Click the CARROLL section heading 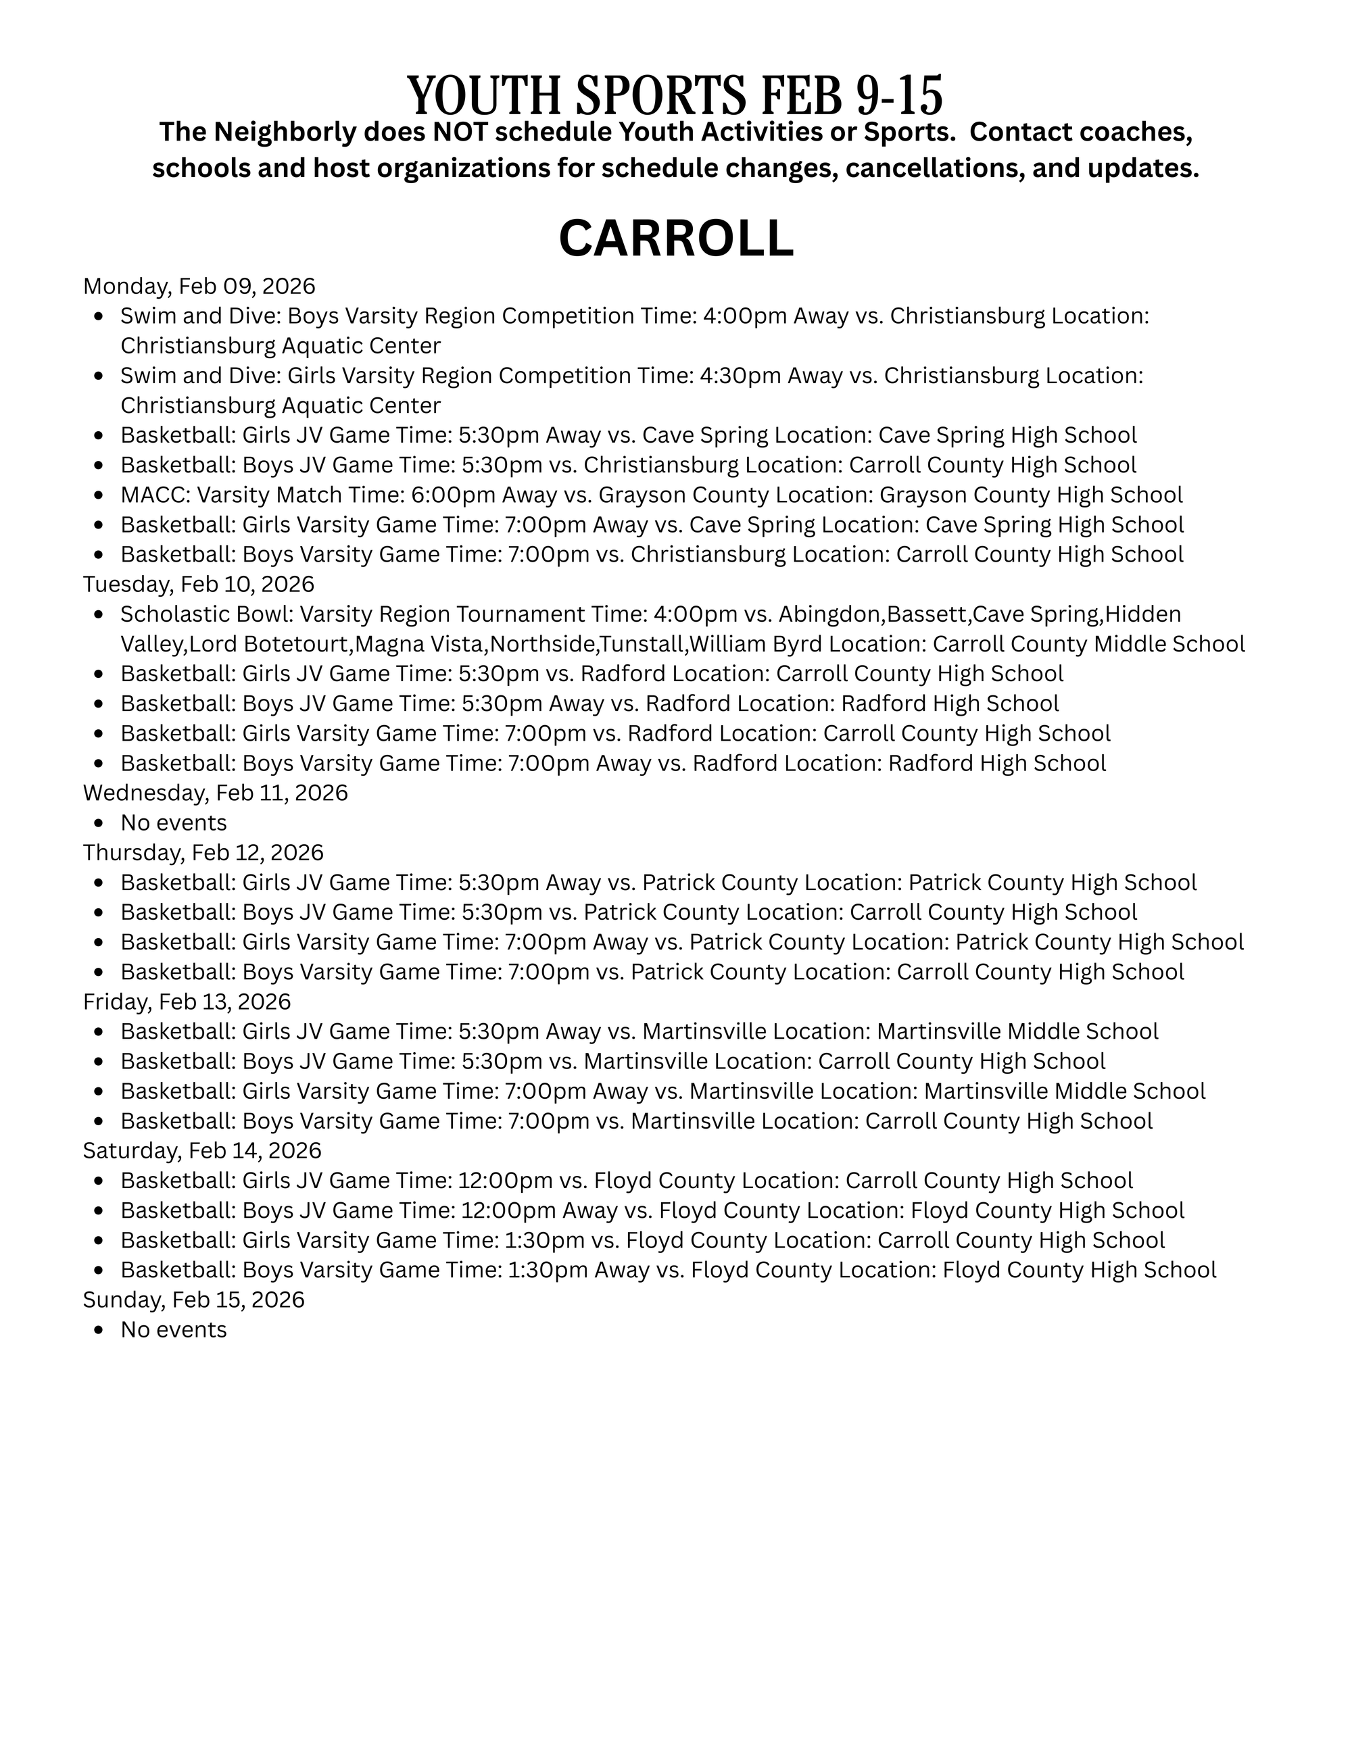click(x=675, y=239)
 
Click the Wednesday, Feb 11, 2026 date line click(x=216, y=793)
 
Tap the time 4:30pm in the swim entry click(x=740, y=376)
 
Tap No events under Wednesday click(x=174, y=822)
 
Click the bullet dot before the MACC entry click(x=99, y=497)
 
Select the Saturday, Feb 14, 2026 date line click(x=202, y=1151)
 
